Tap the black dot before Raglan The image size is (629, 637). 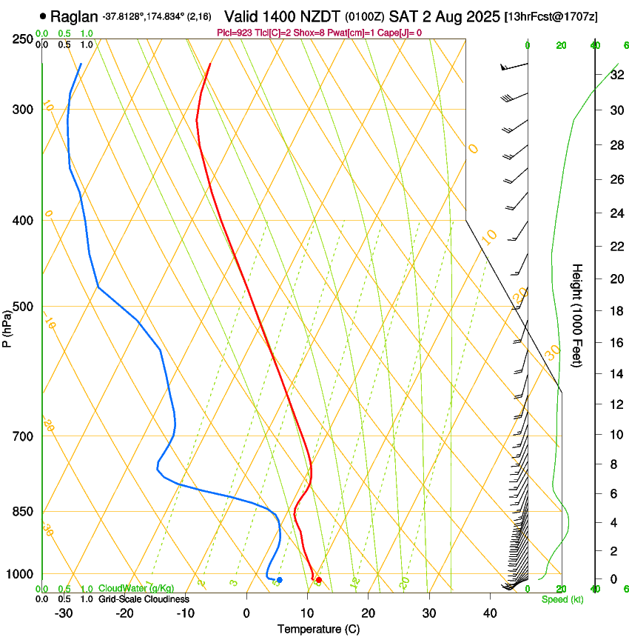pos(43,16)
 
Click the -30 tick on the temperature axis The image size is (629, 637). pos(64,613)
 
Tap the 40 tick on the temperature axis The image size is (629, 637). pos(490,613)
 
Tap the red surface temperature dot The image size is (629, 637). pos(318,580)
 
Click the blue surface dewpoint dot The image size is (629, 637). pos(279,580)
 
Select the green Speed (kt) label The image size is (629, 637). pos(562,599)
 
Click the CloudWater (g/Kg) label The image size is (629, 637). pos(136,589)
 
